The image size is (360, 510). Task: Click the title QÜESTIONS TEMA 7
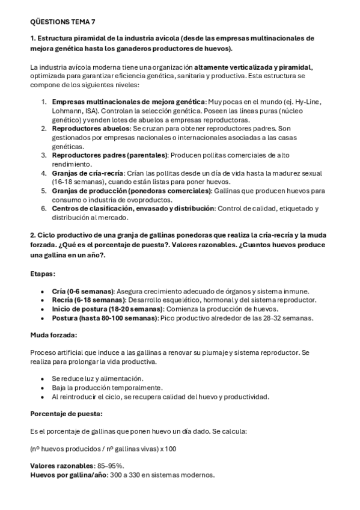(x=63, y=22)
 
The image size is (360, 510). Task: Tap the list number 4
(x=44, y=173)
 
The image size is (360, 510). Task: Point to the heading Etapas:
(x=43, y=274)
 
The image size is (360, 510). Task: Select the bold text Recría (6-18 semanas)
(x=88, y=300)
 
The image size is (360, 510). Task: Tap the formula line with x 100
(x=103, y=449)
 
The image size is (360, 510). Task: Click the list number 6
(x=44, y=208)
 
